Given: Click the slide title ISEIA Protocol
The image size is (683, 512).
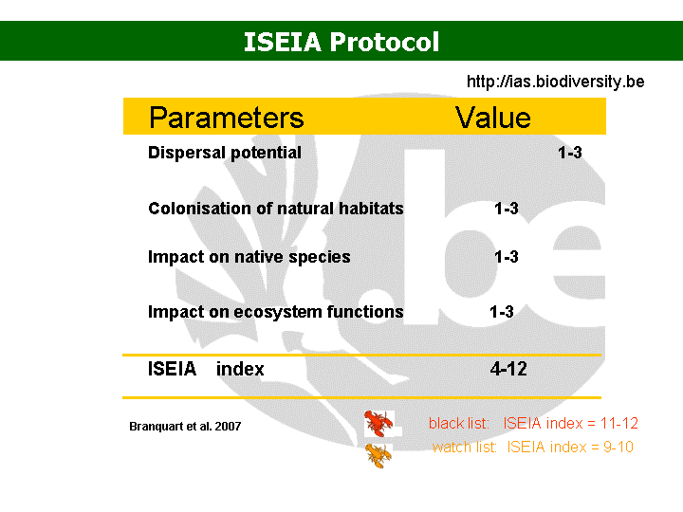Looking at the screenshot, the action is pyautogui.click(x=341, y=42).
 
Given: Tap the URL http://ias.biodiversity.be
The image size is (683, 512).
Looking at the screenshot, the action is pyautogui.click(x=555, y=82).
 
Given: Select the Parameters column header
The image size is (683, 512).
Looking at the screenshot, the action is pyautogui.click(x=226, y=118).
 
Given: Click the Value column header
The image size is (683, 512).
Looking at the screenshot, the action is pyautogui.click(x=493, y=118).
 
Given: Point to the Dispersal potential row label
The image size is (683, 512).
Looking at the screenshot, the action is pyautogui.click(x=225, y=153).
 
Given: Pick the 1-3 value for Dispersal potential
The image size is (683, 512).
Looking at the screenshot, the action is pyautogui.click(x=570, y=153).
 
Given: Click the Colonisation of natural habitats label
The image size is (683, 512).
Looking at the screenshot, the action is pyautogui.click(x=276, y=208).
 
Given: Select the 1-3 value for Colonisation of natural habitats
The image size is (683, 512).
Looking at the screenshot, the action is pyautogui.click(x=507, y=209).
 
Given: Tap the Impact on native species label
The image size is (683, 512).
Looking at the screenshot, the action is pyautogui.click(x=249, y=257).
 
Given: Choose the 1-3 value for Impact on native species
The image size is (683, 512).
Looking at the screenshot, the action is pyautogui.click(x=507, y=257).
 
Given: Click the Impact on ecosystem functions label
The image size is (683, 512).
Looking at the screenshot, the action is pyautogui.click(x=276, y=312).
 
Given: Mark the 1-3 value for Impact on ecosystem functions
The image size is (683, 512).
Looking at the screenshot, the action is pyautogui.click(x=502, y=312).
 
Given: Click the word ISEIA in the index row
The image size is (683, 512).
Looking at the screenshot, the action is pyautogui.click(x=172, y=369).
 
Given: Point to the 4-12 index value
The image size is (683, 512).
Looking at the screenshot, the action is pyautogui.click(x=508, y=369).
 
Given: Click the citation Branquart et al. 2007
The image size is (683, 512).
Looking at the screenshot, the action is pyautogui.click(x=185, y=427).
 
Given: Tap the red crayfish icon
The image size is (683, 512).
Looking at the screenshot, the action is pyautogui.click(x=378, y=423).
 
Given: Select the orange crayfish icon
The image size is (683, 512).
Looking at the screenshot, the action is pyautogui.click(x=378, y=455).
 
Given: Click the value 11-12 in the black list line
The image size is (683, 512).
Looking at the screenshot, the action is pyautogui.click(x=618, y=423).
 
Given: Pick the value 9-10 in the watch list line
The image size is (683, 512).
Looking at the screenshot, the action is pyautogui.click(x=618, y=448).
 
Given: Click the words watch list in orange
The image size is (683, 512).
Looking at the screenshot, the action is pyautogui.click(x=464, y=448).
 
